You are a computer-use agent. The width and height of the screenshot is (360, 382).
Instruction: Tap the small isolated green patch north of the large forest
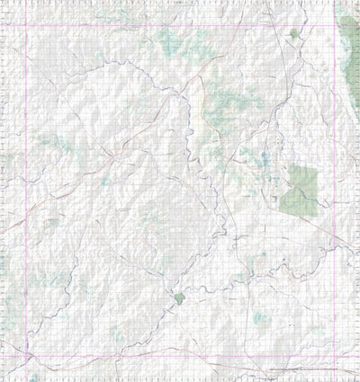(294, 34)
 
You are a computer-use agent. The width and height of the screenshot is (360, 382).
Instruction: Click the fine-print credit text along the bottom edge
(306, 369)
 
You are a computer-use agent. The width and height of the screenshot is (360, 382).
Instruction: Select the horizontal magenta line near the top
(180, 25)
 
